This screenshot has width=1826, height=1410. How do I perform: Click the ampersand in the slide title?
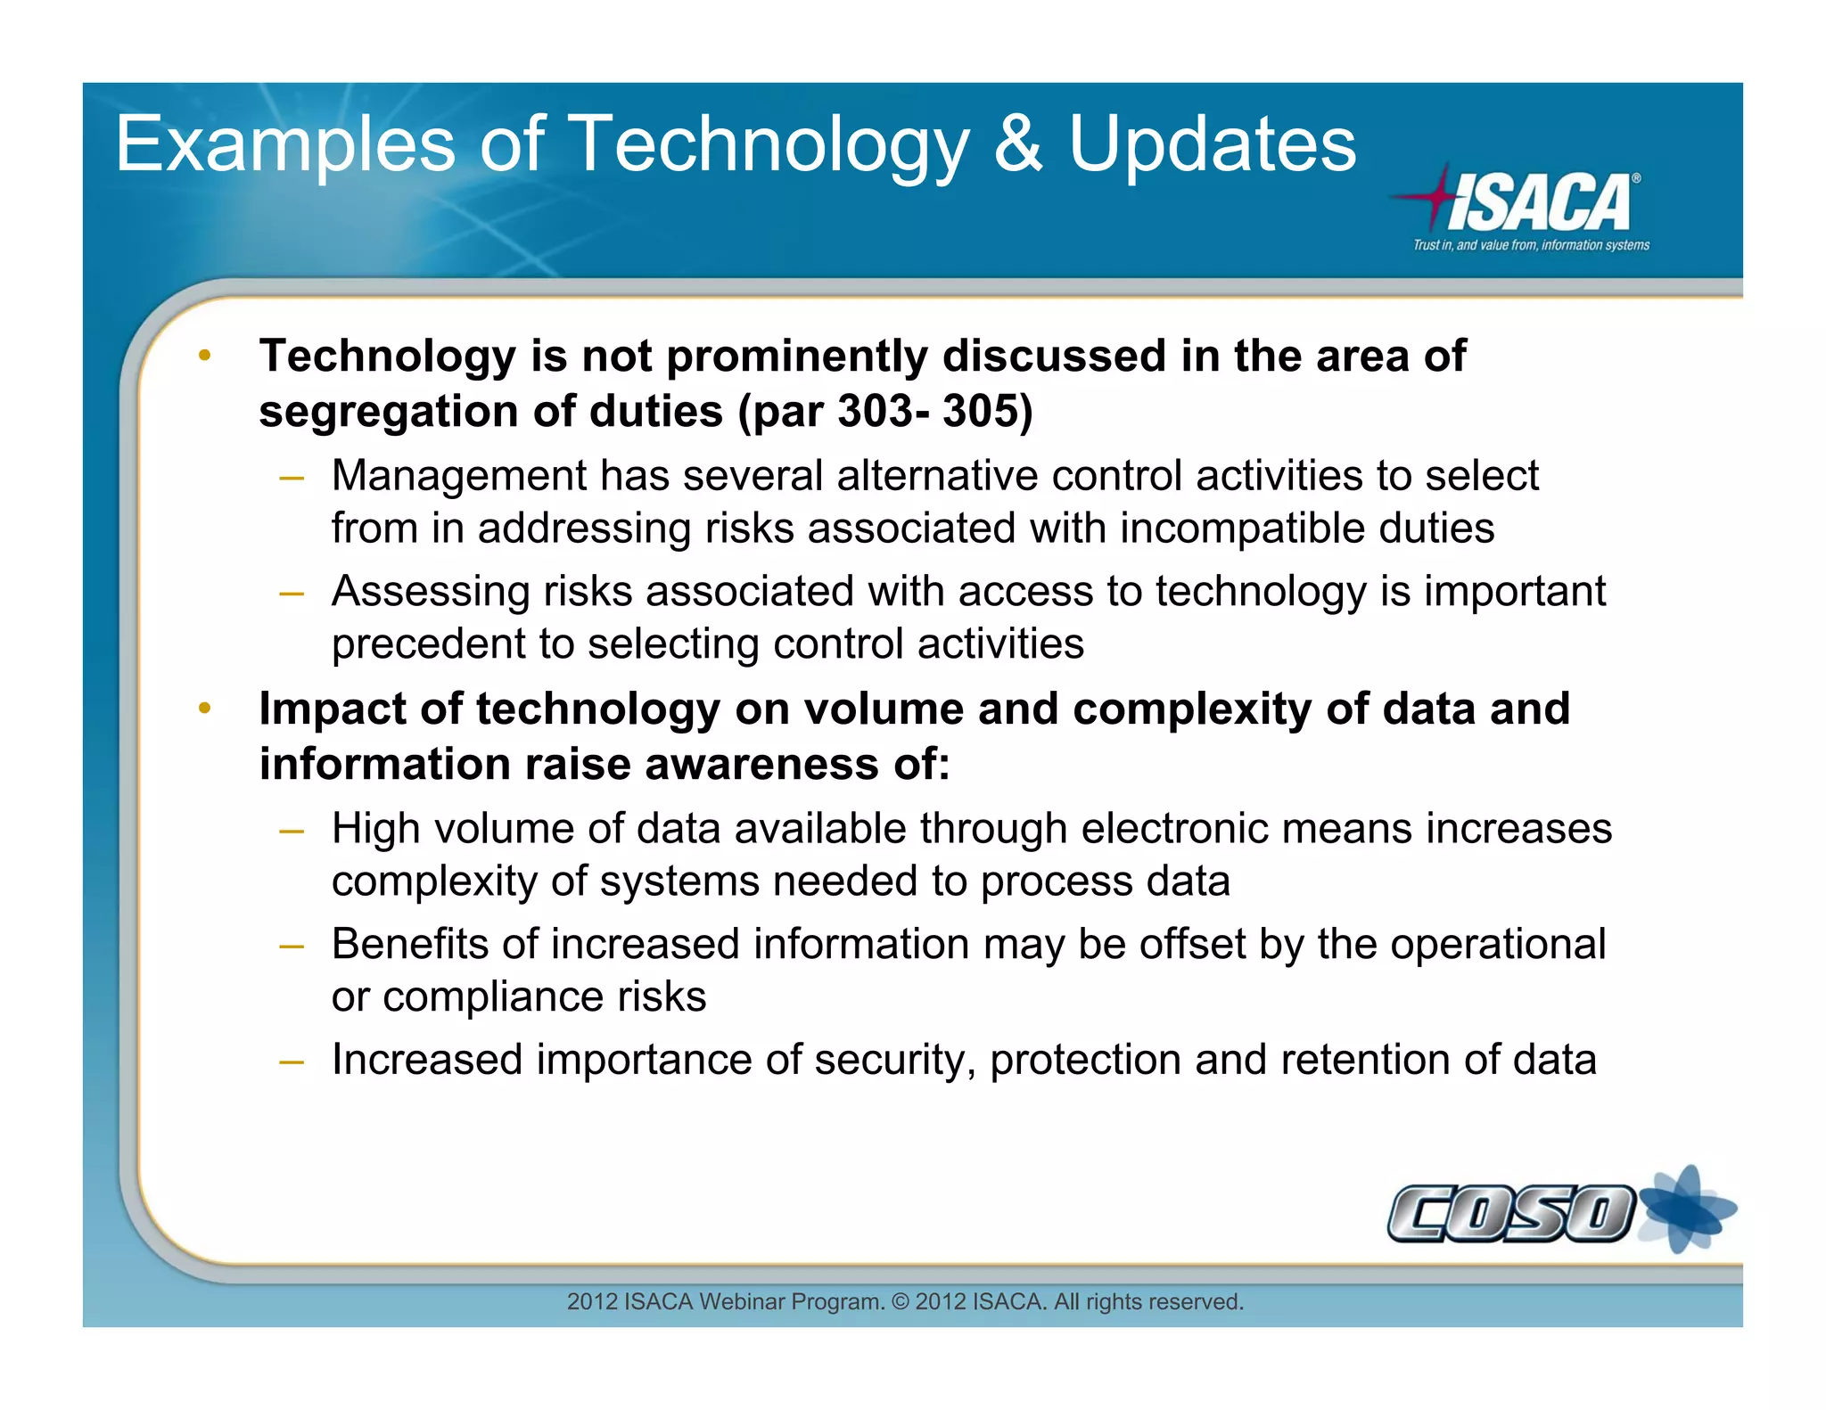[1016, 144]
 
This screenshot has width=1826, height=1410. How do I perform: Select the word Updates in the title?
[1213, 144]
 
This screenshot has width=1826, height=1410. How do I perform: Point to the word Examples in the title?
[285, 144]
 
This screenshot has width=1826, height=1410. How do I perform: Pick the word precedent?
[428, 644]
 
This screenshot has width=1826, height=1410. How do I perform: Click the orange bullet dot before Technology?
[205, 356]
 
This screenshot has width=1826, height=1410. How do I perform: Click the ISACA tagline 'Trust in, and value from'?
[1531, 245]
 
